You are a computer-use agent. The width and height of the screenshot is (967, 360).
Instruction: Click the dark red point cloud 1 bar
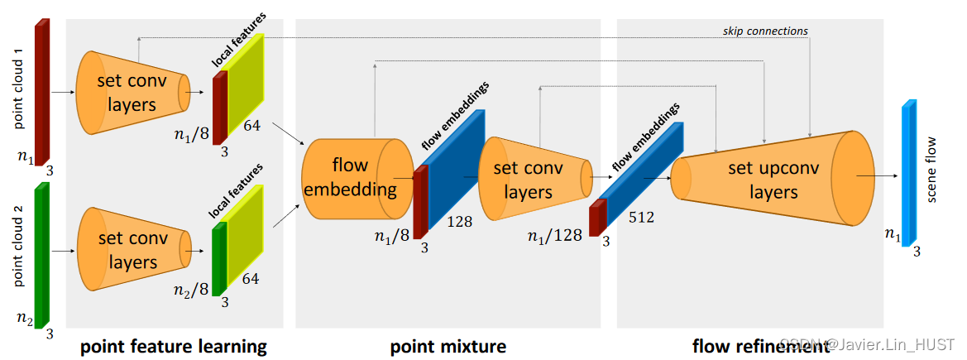[41, 91]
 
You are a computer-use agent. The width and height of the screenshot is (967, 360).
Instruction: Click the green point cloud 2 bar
[41, 252]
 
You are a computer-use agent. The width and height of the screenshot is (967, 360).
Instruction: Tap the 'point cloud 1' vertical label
[17, 88]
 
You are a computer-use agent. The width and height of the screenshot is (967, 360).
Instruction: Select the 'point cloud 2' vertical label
[17, 249]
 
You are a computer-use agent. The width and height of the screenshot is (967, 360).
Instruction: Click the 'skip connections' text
[764, 31]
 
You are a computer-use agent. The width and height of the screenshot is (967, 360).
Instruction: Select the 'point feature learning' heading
[174, 346]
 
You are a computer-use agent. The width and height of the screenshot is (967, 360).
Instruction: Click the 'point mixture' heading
[448, 346]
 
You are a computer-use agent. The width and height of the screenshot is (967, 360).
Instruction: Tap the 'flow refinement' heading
[760, 346]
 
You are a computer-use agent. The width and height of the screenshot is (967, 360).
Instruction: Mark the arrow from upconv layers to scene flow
[877, 176]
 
